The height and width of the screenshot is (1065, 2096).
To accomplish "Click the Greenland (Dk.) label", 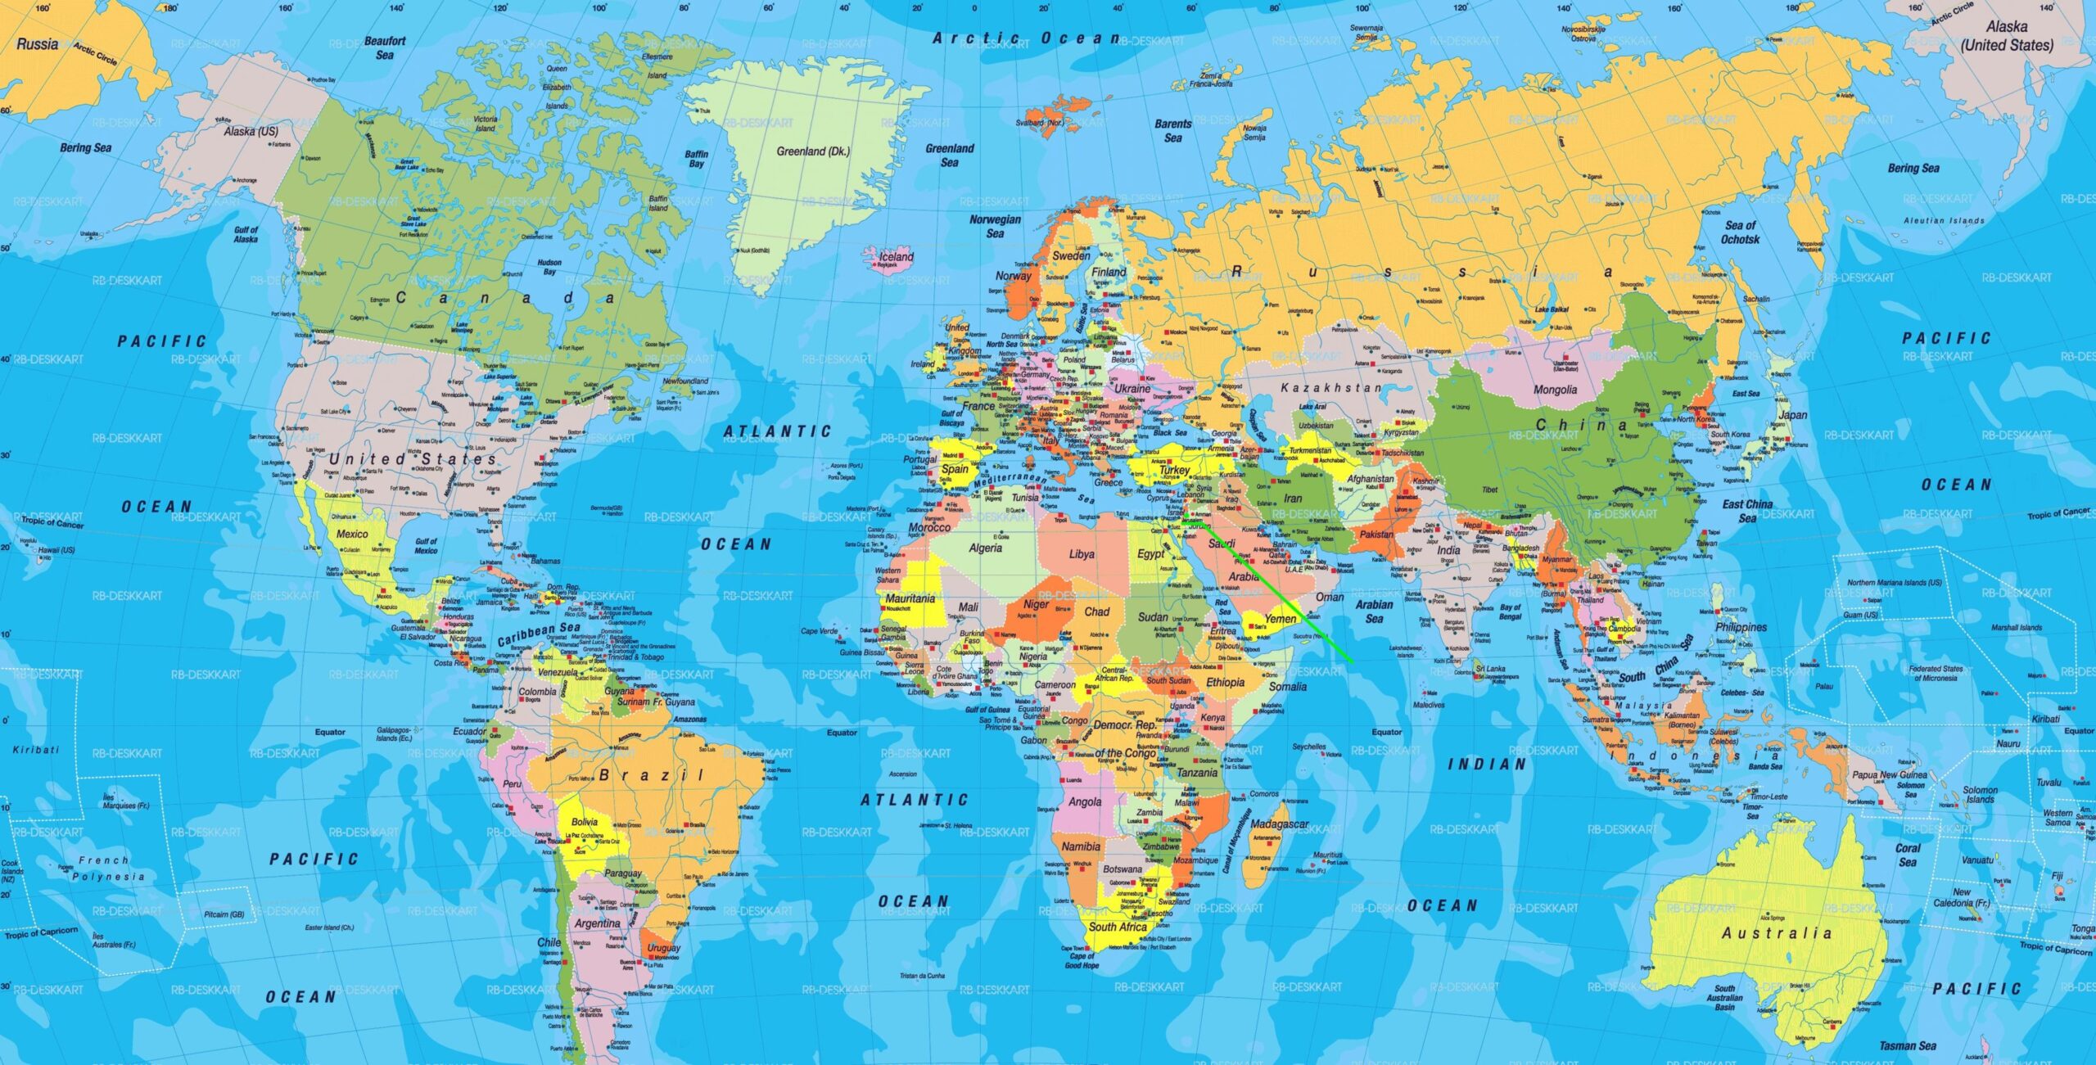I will [x=812, y=151].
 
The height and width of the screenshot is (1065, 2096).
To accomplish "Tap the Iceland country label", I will [x=896, y=257].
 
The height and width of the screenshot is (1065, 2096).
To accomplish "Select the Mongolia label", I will [x=1555, y=390].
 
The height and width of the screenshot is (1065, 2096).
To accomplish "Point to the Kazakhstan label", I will [x=1330, y=388].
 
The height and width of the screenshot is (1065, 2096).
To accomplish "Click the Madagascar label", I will [x=1279, y=824].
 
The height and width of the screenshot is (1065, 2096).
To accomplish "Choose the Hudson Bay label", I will [x=549, y=268].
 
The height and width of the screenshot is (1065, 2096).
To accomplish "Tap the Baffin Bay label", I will [x=696, y=159].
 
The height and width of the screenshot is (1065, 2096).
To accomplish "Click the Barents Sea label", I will [x=1172, y=131].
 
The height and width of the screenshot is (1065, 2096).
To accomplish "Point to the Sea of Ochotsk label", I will [x=1740, y=232].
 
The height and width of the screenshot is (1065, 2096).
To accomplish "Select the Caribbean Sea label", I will [x=539, y=634].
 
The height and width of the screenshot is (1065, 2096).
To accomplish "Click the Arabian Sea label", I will [x=1374, y=611].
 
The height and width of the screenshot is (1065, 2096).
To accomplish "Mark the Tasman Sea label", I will [x=1908, y=1045].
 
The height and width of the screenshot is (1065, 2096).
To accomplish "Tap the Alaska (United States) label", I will [x=2007, y=36].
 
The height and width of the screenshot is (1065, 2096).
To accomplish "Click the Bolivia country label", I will [x=585, y=822].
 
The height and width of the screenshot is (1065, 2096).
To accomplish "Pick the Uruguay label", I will [x=663, y=947].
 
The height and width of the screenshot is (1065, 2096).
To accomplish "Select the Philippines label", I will [x=1741, y=627].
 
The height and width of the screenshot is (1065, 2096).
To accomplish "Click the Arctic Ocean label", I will [x=1026, y=38].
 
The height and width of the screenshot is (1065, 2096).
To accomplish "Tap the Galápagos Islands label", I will [x=395, y=733].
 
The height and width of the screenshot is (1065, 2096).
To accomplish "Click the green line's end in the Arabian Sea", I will [x=1352, y=661].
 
